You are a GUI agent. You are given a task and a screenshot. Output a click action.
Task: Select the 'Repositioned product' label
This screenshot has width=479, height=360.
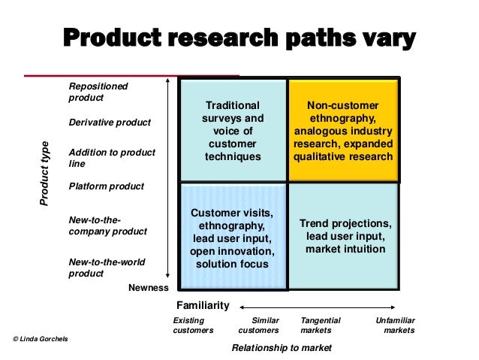click(x=98, y=92)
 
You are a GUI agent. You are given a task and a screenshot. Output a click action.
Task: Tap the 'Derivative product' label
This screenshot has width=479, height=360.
click(x=110, y=123)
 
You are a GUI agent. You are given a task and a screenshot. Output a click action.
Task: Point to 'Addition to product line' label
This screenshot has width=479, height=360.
click(x=111, y=158)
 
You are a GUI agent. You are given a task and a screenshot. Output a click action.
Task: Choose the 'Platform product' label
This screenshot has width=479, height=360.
click(x=106, y=186)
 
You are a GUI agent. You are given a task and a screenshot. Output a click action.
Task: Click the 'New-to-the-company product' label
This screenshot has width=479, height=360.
click(x=107, y=225)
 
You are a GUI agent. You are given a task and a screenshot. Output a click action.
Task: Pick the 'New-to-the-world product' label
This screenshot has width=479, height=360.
click(x=107, y=268)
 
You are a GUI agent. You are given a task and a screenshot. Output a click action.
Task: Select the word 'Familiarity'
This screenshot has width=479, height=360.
click(x=200, y=306)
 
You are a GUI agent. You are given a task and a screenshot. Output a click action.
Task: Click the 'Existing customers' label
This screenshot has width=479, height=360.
click(x=193, y=325)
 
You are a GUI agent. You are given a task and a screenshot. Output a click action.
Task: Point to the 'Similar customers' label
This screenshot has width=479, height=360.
click(x=260, y=325)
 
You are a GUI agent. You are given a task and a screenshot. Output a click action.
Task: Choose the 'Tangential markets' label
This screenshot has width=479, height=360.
click(x=321, y=325)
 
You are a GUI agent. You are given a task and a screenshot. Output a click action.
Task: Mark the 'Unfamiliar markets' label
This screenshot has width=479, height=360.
click(x=396, y=325)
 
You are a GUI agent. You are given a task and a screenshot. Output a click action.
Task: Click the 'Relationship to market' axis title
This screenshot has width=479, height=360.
click(x=281, y=348)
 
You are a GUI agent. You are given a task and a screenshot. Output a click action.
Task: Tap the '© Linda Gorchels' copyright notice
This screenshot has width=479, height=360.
click(x=41, y=340)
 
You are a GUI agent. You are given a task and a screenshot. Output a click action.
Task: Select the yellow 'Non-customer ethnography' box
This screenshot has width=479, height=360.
click(x=343, y=130)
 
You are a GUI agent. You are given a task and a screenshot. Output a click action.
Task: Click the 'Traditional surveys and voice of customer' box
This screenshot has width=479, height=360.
click(x=233, y=130)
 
